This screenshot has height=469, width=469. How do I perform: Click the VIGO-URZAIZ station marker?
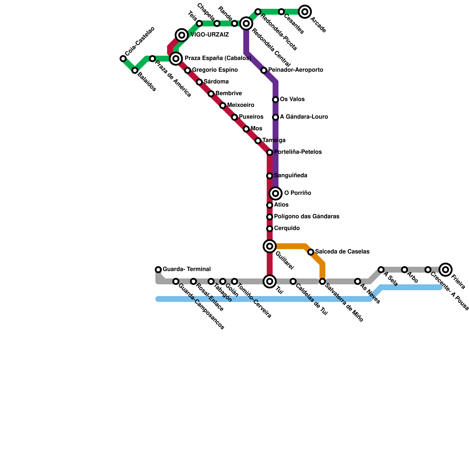point(182,35)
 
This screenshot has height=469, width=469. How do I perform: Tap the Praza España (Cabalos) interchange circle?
point(176,59)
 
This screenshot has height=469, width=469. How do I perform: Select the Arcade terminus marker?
point(305,12)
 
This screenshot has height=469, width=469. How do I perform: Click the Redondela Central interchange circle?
point(246,23)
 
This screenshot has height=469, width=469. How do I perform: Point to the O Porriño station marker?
point(276,193)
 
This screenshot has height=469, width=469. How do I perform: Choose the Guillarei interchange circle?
point(270,246)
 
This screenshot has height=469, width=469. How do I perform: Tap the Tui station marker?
point(270,281)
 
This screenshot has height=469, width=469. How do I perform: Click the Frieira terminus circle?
point(446,270)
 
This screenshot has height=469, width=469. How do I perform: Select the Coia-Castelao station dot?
point(123,59)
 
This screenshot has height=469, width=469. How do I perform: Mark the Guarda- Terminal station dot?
point(158,270)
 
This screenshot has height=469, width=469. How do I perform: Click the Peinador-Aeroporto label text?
point(295,70)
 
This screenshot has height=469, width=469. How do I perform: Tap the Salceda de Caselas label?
point(342,252)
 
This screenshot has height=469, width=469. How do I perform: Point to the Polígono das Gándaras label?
point(307,217)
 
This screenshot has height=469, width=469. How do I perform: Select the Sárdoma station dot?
point(199,82)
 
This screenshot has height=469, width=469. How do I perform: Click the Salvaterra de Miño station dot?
point(322,281)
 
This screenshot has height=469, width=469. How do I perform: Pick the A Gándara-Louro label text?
point(304,117)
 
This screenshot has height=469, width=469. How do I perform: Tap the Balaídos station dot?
point(135,70)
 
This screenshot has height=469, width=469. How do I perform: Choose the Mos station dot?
point(246,129)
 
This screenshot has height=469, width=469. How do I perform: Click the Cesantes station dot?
point(281,12)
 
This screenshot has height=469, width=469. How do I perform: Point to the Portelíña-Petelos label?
point(298,152)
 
